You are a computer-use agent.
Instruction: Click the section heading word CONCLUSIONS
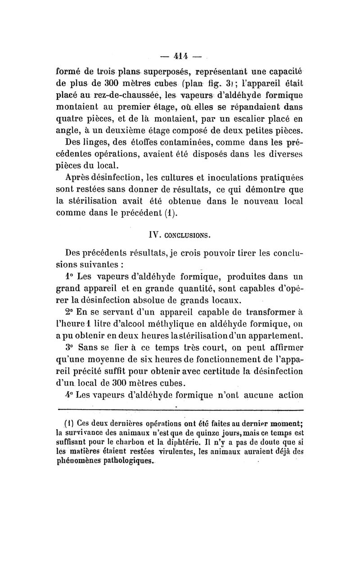click(x=186, y=235)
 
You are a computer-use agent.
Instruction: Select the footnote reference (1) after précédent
click(x=168, y=212)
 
